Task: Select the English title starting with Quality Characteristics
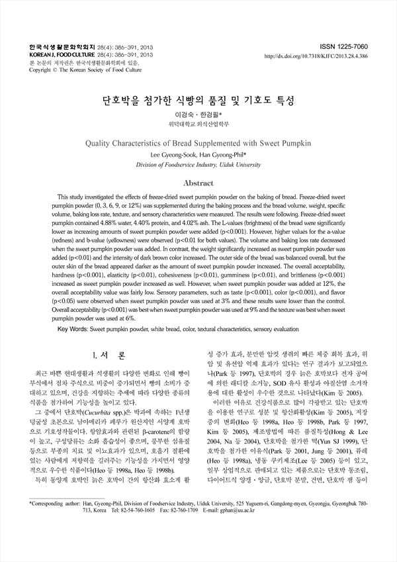click(198, 143)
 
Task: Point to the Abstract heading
click(198, 183)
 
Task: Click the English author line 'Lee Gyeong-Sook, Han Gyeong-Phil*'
click(198, 155)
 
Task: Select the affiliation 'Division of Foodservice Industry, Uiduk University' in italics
click(198, 164)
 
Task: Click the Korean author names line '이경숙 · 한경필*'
click(198, 115)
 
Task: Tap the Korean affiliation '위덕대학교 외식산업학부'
click(198, 124)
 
